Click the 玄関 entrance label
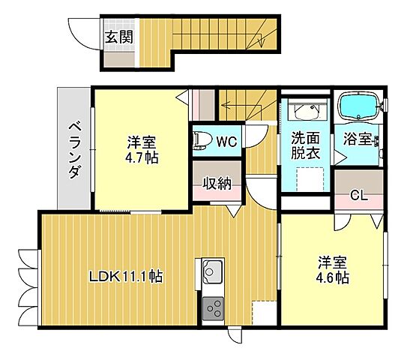(x=118, y=36)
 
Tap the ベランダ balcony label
(x=74, y=149)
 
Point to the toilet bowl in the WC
(x=201, y=139)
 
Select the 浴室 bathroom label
(x=358, y=139)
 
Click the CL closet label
(x=359, y=196)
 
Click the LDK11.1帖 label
(x=127, y=276)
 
